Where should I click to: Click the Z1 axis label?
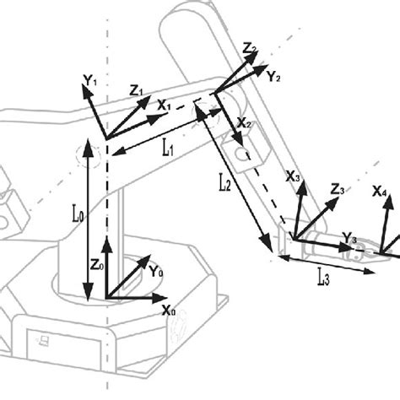137,89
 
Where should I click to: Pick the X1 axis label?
164,107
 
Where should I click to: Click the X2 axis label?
244,124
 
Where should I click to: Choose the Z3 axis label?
337,191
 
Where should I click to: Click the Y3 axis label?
348,241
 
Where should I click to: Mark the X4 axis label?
381,192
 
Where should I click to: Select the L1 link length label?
167,147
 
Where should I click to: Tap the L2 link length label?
223,185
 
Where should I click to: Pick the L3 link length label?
323,277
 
